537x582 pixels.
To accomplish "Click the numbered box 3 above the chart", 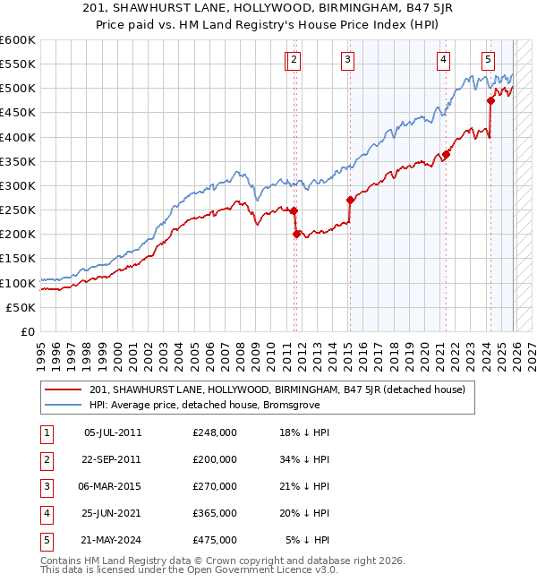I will pos(346,60).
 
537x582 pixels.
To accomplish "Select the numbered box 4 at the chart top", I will pos(443,60).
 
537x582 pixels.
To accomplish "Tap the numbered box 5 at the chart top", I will pos(488,60).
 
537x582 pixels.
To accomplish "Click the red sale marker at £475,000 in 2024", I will pos(490,101).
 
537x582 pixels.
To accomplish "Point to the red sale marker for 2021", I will pos(447,154).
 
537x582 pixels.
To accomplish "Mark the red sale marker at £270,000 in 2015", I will pos(350,201).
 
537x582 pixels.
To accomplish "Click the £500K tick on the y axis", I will pos(18,89).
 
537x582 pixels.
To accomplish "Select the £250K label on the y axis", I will pos(18,210).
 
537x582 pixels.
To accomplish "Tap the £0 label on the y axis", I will pos(27,331).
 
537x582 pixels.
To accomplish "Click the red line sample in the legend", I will pos(64,390).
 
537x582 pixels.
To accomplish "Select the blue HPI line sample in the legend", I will pos(64,405).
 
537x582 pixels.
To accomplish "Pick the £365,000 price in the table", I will pos(215,513).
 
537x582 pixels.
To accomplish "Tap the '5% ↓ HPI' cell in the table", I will pos(307,540).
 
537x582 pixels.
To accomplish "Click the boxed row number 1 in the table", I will pos(45,432).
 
